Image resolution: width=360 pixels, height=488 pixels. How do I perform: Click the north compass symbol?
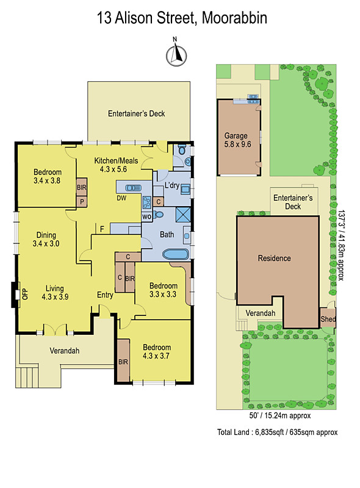(x=176, y=55)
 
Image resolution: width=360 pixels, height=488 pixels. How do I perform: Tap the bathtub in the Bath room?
(x=176, y=254)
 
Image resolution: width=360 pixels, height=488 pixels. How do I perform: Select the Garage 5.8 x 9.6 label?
(x=237, y=140)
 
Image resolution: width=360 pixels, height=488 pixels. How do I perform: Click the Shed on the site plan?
(x=328, y=318)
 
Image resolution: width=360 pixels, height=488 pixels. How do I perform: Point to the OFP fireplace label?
(x=25, y=294)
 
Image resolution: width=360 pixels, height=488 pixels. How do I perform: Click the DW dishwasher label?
(x=121, y=198)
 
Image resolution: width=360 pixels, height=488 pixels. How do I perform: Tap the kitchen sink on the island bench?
(x=133, y=188)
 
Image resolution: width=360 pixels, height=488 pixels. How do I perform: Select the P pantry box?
(x=82, y=202)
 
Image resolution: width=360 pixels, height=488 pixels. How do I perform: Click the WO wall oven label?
(x=146, y=217)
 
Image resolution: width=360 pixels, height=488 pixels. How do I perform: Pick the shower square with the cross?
(x=183, y=214)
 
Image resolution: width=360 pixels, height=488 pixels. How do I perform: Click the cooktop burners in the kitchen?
(x=146, y=203)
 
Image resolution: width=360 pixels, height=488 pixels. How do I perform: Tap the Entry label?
(x=105, y=295)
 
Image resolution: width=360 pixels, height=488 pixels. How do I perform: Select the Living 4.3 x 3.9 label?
(x=55, y=293)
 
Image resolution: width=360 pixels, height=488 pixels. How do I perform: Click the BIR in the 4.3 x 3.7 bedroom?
(x=123, y=362)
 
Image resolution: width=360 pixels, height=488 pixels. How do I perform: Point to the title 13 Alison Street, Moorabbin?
(x=182, y=18)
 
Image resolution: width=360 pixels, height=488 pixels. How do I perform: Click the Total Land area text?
(x=277, y=432)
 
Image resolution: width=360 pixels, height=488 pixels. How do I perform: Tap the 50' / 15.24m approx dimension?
(x=279, y=415)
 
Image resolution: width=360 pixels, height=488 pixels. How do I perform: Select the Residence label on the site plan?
(x=275, y=258)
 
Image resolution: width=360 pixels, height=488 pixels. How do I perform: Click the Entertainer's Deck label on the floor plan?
(x=137, y=113)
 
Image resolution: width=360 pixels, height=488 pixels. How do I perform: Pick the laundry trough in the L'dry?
(x=185, y=189)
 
